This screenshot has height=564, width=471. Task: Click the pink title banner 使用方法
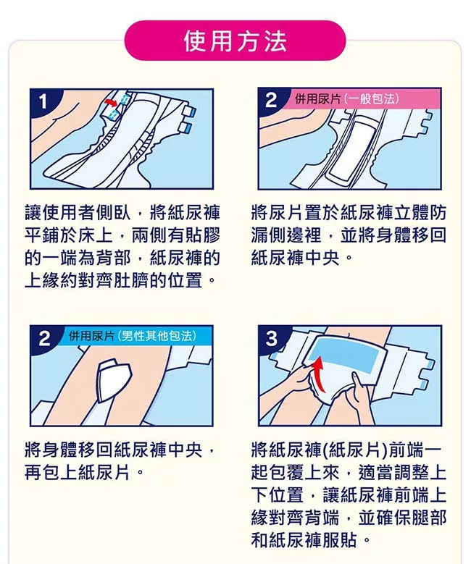pos(235,41)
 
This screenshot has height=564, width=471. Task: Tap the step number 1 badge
pos(43,101)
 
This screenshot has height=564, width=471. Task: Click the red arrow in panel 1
pos(112,104)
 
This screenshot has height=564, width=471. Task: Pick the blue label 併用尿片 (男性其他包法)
pos(133,336)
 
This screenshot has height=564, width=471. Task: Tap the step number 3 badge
pos(271,338)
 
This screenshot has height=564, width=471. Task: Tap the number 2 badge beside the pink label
pos(271,101)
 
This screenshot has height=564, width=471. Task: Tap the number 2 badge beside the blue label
pos(44,338)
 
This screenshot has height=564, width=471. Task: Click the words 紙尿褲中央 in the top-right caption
pos(295,258)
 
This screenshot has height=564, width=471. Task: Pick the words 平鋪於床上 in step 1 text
pos(68,235)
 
